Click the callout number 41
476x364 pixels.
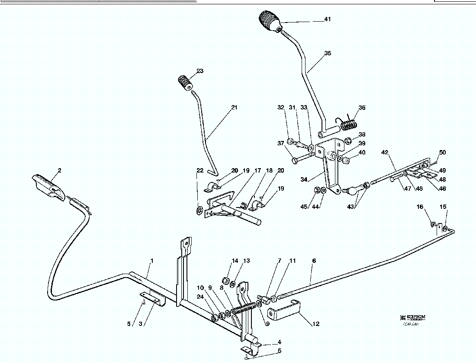(x=328, y=19)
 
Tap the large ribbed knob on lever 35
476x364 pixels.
(x=269, y=22)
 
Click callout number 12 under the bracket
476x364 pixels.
(x=316, y=323)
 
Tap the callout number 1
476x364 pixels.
(x=152, y=261)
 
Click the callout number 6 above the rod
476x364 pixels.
(x=314, y=261)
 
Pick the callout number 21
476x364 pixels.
(x=234, y=107)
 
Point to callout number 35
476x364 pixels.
(x=328, y=53)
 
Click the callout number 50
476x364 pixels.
(x=442, y=152)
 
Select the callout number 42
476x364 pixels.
(x=385, y=152)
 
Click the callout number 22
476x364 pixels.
(x=199, y=170)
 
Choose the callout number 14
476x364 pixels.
(x=235, y=261)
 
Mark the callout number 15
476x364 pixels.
(x=443, y=207)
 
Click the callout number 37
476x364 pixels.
(x=281, y=143)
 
